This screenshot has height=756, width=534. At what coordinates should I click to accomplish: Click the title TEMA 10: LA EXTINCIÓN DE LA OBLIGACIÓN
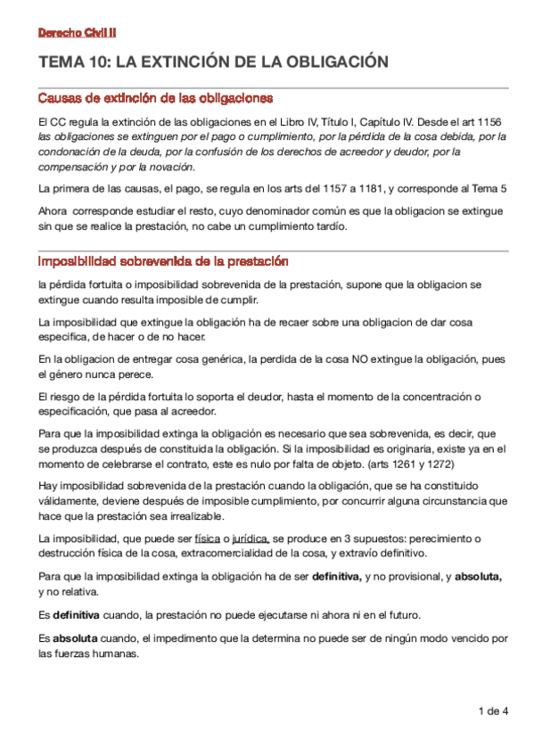click(214, 62)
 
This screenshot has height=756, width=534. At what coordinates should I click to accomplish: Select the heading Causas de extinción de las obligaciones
click(155, 97)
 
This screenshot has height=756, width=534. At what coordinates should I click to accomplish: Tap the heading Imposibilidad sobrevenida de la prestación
click(163, 261)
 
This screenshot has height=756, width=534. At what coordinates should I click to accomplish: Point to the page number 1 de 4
click(493, 711)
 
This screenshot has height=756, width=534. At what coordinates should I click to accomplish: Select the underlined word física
click(207, 538)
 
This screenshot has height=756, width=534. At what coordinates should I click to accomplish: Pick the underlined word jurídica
click(251, 538)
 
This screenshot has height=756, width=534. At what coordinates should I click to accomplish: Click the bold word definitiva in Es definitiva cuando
click(76, 615)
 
